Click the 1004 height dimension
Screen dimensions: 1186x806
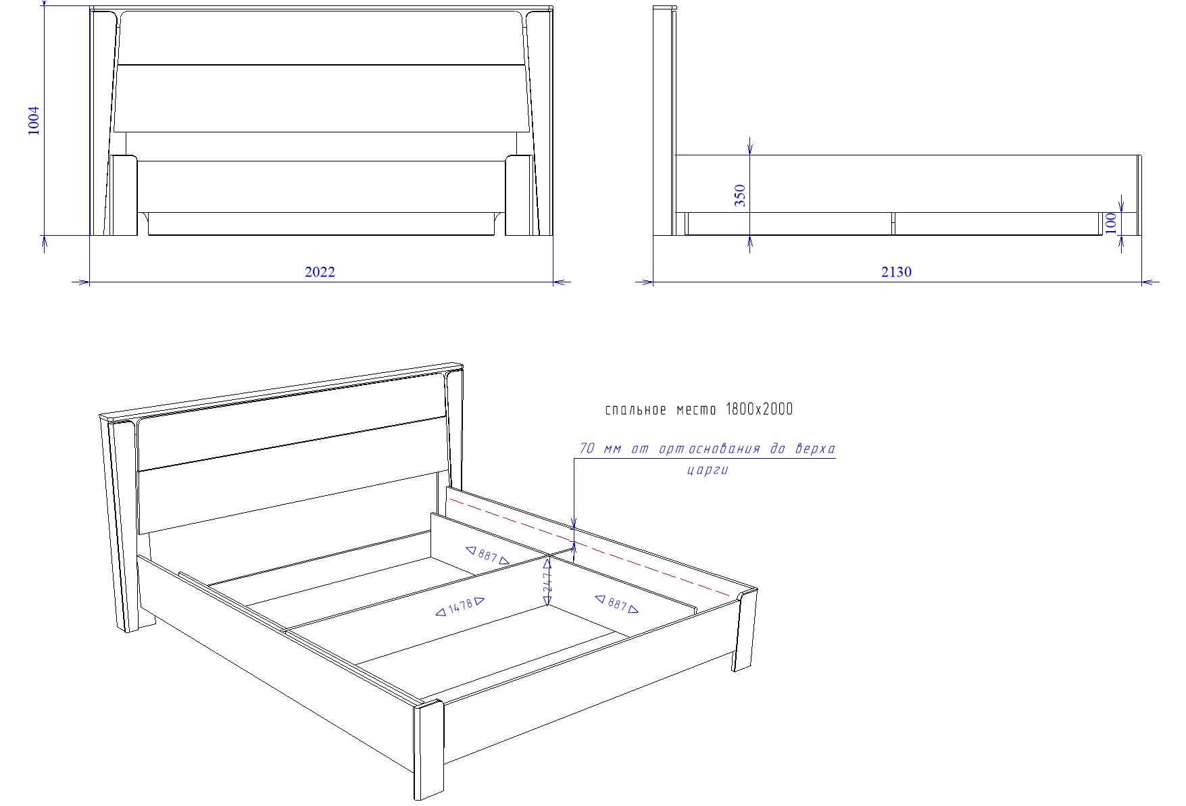[34, 120]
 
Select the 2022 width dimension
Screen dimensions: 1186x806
[320, 272]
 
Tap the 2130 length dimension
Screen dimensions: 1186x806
[896, 272]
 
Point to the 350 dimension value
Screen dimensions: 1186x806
[740, 195]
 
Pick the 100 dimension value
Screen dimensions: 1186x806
[1111, 223]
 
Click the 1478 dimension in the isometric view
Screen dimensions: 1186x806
[460, 606]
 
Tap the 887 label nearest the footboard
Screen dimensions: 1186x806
[616, 603]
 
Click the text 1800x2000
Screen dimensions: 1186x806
[759, 409]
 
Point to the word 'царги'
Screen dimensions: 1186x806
[708, 470]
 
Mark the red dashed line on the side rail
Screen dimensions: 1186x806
[593, 545]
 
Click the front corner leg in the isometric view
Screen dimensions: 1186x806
[428, 749]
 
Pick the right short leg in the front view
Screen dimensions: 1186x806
[519, 195]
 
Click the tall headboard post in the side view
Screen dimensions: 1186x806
[665, 121]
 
